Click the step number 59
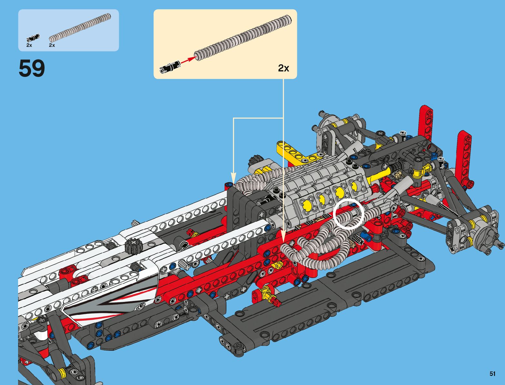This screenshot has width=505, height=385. (32, 68)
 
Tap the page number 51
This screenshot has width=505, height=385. (492, 374)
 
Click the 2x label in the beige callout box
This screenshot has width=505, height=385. (283, 68)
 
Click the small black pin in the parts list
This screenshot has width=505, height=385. (33, 37)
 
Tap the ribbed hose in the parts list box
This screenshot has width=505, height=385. (80, 27)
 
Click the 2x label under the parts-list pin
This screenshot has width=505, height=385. (29, 45)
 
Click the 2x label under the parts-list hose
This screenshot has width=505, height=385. (52, 45)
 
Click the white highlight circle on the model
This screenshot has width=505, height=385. (348, 214)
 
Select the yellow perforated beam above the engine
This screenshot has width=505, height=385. (297, 152)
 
